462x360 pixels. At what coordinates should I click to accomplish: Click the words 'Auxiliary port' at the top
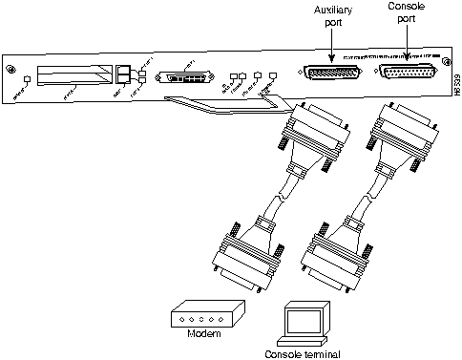coord(330,16)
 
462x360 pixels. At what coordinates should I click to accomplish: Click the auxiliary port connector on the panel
coord(330,74)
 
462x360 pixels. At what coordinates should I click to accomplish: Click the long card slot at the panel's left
coord(73,76)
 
